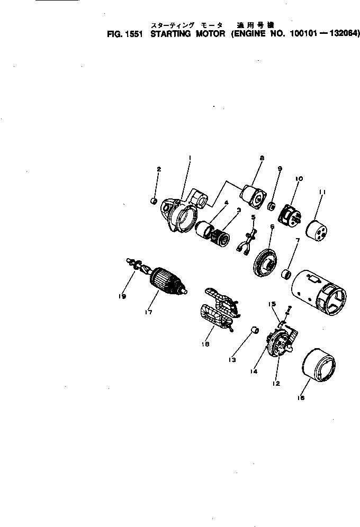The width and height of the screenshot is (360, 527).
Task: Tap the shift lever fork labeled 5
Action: (246, 239)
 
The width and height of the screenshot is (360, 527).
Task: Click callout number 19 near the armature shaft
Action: (122, 297)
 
